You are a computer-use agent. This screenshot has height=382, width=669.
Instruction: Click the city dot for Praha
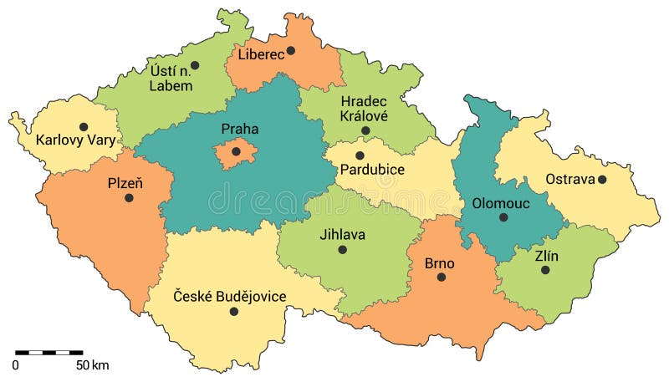[236, 151]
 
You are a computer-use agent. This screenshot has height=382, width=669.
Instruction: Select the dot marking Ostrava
[602, 179]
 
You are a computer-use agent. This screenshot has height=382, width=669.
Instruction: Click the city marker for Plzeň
[129, 198]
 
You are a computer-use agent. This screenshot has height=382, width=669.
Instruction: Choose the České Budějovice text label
[229, 296]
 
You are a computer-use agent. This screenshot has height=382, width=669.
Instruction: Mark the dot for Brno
[441, 277]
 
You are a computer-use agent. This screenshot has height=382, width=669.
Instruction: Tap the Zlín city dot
[545, 270]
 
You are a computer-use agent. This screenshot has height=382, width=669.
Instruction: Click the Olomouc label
[502, 202]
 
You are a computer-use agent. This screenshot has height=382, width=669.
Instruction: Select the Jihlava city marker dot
[342, 249]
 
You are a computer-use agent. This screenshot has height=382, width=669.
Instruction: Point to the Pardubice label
[372, 170]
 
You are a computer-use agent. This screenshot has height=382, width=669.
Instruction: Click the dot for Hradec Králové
[365, 130]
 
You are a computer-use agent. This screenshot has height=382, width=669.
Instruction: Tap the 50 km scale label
[93, 365]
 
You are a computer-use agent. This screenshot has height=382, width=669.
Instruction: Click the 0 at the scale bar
[16, 365]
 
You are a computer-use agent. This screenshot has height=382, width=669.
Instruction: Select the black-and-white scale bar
[49, 353]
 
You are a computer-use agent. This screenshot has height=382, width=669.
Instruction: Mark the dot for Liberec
[291, 50]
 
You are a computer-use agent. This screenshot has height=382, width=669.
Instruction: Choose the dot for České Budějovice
[234, 311]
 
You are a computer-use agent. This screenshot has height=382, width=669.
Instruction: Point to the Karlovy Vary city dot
[84, 127]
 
